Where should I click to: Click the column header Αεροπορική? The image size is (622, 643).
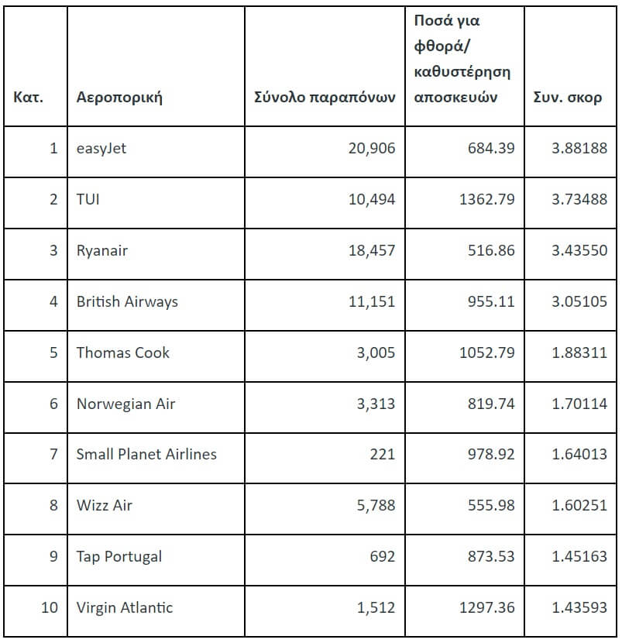point(119,98)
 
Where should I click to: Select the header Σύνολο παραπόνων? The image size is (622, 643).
point(325,98)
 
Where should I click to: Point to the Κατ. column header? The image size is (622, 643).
point(29,98)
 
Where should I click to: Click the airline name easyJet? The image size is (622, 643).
point(101,148)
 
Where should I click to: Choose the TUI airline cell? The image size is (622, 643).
point(88,199)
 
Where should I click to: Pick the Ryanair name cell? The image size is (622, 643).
point(102,250)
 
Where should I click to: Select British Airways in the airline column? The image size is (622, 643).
point(127,301)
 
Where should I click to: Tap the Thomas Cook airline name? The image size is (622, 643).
point(122,352)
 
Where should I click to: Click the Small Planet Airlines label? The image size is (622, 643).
point(146,454)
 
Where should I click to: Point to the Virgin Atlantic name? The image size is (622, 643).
point(125,607)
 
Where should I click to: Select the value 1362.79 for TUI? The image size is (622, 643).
point(486,199)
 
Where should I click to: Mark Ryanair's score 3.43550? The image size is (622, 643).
point(579,250)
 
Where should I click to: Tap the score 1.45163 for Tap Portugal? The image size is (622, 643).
point(579,556)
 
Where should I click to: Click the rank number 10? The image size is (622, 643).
point(49,607)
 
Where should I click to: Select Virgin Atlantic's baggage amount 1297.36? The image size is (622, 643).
point(486,607)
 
